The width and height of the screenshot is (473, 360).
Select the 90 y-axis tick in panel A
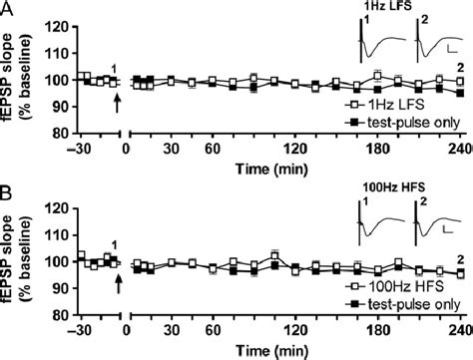point(65,106)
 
